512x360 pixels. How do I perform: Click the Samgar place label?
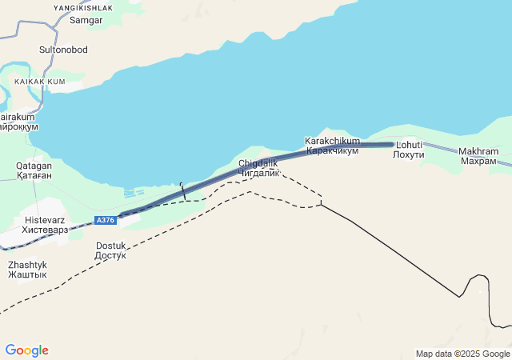(86, 19)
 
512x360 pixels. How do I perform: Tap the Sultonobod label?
(63, 50)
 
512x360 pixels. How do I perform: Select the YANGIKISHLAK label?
(83, 7)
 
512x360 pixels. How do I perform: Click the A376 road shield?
(106, 220)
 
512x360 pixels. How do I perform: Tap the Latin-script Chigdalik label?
(258, 163)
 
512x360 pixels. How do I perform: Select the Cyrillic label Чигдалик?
(258, 173)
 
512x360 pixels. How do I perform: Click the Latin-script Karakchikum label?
(332, 141)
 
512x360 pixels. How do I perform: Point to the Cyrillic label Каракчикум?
(333, 150)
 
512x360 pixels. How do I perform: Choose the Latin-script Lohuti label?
(409, 145)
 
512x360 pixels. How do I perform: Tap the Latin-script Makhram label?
(478, 151)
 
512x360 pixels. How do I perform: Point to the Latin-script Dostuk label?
(111, 246)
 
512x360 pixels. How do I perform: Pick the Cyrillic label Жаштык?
(27, 274)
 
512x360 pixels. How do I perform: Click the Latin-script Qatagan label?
(34, 166)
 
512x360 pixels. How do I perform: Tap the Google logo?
(26, 350)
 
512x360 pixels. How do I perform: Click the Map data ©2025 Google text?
(462, 354)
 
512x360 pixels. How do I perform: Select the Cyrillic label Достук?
(111, 255)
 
